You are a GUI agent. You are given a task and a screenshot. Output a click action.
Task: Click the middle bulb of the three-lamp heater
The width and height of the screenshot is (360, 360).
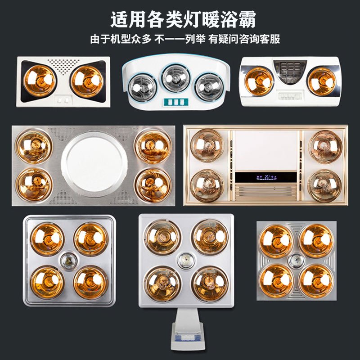pos(175,78)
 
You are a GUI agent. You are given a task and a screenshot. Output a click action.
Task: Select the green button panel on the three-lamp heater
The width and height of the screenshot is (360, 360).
pos(175,102)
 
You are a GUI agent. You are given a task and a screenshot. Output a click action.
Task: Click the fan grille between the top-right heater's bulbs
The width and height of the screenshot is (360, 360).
pos(290,70)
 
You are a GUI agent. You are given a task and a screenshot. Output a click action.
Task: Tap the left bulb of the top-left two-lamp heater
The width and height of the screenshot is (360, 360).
pos(40,81)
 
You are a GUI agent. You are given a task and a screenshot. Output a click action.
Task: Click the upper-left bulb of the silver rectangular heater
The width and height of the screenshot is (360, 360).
pos(33,146)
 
